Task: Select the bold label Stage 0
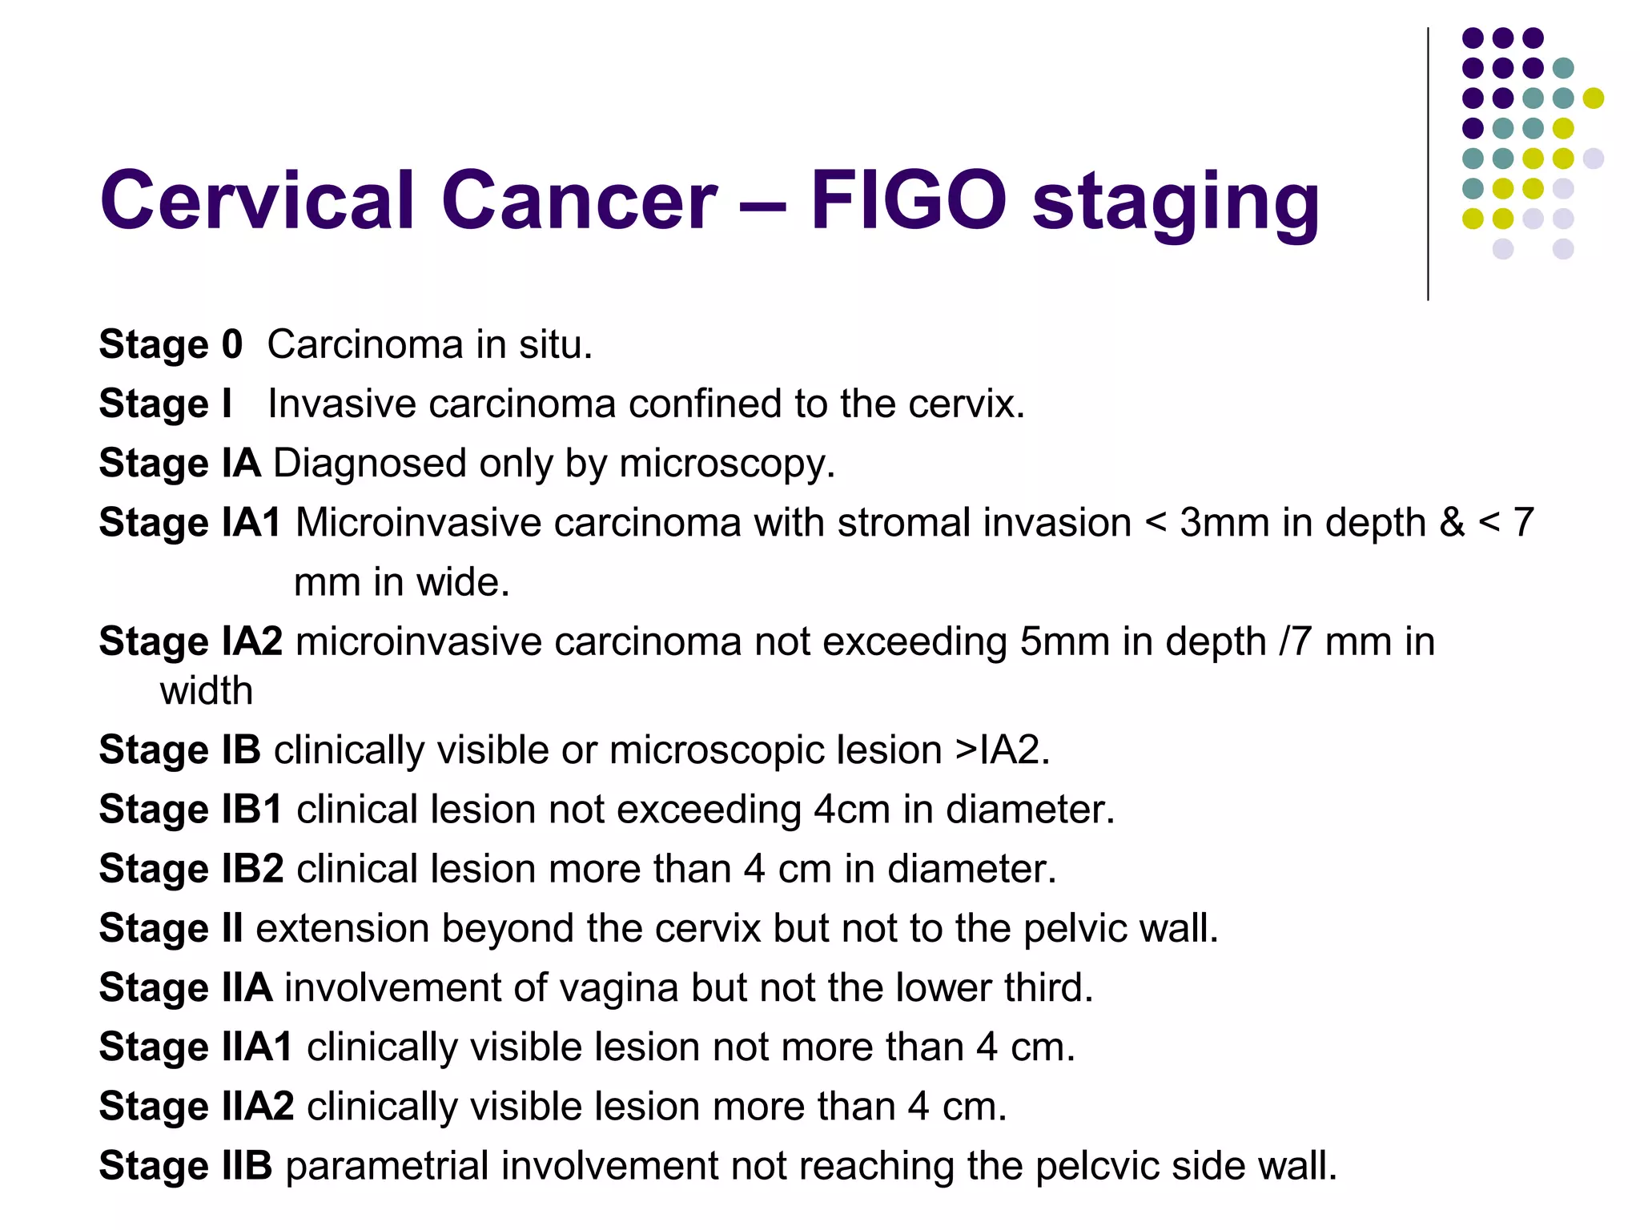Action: [x=171, y=344]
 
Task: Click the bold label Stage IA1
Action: [x=190, y=522]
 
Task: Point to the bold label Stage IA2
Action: [x=191, y=641]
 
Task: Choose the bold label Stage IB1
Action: [x=191, y=809]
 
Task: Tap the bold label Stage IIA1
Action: [x=196, y=1047]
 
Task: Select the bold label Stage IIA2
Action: [x=196, y=1106]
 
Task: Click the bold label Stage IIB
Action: [x=186, y=1165]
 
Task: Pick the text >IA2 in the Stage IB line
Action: [x=1001, y=750]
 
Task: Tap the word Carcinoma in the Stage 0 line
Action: [x=365, y=344]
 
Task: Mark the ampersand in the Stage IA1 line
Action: [x=1452, y=522]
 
